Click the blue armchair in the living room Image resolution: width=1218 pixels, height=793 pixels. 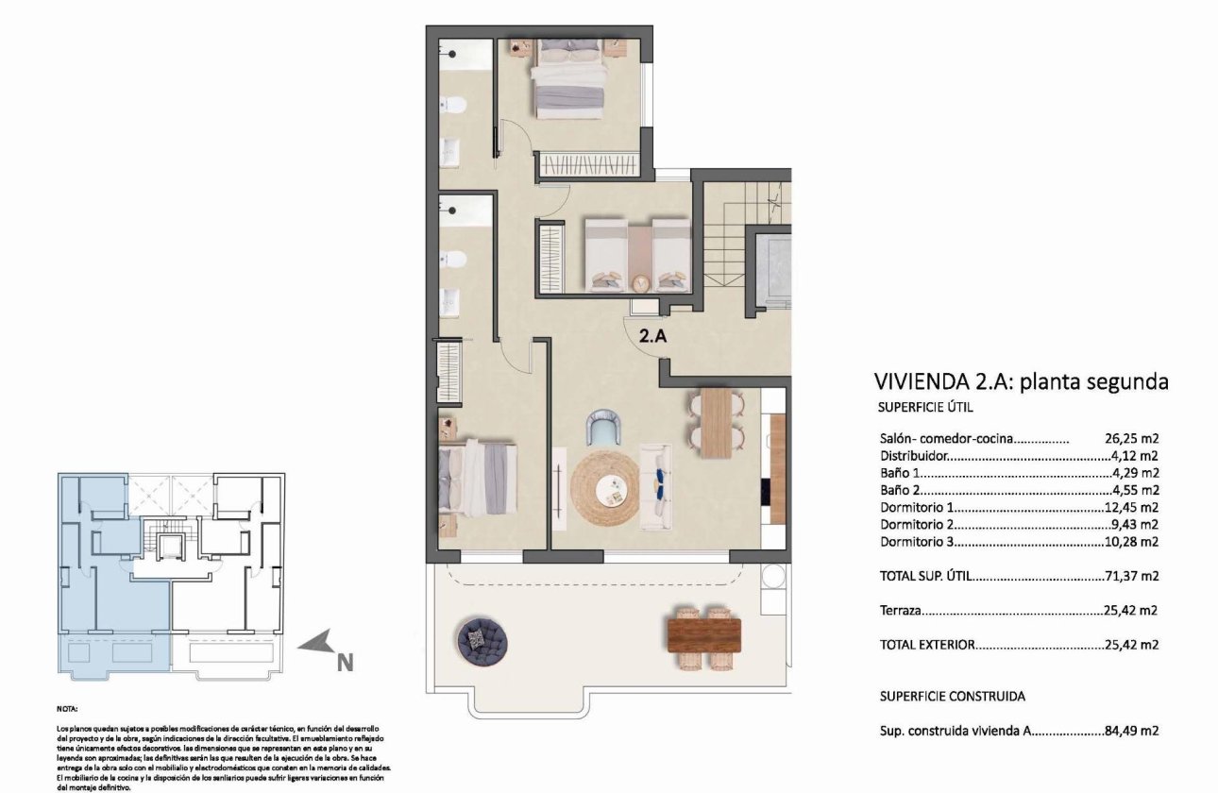pyautogui.click(x=603, y=427)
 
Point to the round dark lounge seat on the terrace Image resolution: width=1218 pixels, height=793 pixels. pyautogui.click(x=482, y=639)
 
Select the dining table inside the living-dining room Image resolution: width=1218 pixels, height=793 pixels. pyautogui.click(x=717, y=423)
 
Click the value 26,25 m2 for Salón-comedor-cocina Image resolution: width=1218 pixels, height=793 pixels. pyautogui.click(x=1131, y=438)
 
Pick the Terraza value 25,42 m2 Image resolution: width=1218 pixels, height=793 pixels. pyautogui.click(x=1131, y=611)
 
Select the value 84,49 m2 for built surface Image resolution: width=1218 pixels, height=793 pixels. pyautogui.click(x=1131, y=731)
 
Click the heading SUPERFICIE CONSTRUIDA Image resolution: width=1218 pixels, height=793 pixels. pyautogui.click(x=952, y=696)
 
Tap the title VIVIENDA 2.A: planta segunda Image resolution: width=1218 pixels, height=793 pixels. pyautogui.click(x=1022, y=382)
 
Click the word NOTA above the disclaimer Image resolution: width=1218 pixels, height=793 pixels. pyautogui.click(x=67, y=707)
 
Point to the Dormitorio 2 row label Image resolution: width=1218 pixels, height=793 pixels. pyautogui.click(x=917, y=525)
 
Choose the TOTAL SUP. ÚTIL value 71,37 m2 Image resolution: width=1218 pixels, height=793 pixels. pyautogui.click(x=1131, y=576)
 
